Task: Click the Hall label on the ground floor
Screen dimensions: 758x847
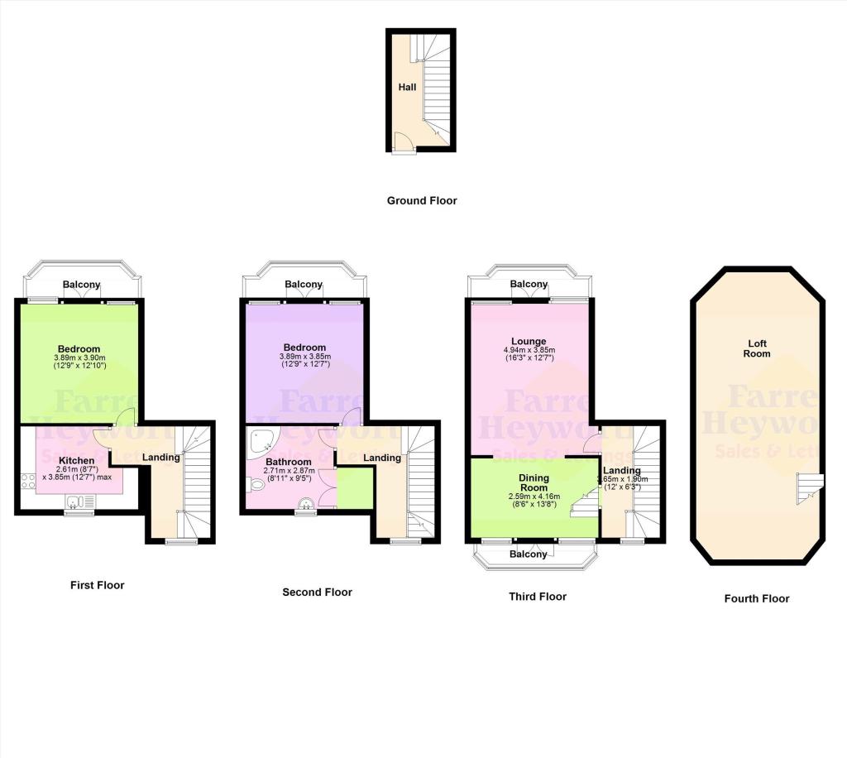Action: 407,87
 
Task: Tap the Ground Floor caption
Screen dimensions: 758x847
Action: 422,200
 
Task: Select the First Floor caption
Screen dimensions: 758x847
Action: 98,585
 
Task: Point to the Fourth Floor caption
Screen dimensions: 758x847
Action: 756,598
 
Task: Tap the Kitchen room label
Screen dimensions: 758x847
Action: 76,460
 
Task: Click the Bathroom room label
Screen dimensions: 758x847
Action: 288,462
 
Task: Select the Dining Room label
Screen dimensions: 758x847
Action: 534,482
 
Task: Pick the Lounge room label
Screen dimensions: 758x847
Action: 529,341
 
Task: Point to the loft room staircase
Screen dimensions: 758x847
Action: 808,487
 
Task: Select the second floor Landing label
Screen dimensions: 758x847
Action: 382,458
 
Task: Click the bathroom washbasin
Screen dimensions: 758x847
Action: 306,503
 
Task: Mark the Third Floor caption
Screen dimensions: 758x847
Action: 538,596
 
